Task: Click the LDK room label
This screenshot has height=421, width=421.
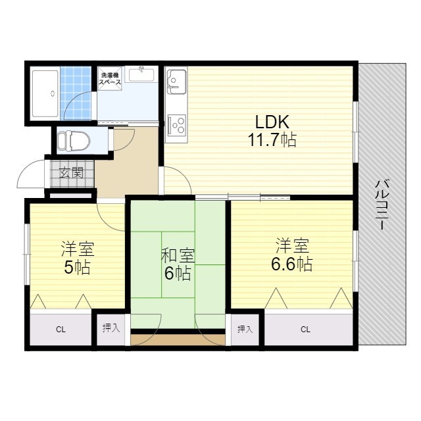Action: pyautogui.click(x=272, y=122)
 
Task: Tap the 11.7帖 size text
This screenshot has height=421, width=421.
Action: pyautogui.click(x=272, y=139)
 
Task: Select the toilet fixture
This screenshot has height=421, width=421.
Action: pyautogui.click(x=74, y=140)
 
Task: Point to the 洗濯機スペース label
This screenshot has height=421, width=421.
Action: pyautogui.click(x=110, y=78)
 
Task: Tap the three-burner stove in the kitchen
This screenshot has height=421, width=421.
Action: pyautogui.click(x=176, y=124)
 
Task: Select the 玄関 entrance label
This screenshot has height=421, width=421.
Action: pyautogui.click(x=71, y=172)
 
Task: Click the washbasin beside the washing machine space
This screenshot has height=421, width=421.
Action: pyautogui.click(x=141, y=74)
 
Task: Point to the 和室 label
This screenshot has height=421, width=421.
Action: pyautogui.click(x=178, y=255)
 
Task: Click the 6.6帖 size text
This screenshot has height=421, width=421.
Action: pyautogui.click(x=292, y=264)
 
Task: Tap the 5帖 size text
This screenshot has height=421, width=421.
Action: pyautogui.click(x=77, y=267)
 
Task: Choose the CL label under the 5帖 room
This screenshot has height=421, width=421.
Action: pyautogui.click(x=61, y=329)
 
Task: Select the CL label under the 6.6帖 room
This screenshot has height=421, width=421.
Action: pyautogui.click(x=305, y=329)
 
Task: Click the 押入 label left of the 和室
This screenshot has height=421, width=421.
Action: pyautogui.click(x=111, y=328)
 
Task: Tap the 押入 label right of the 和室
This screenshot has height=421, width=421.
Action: pyautogui.click(x=245, y=329)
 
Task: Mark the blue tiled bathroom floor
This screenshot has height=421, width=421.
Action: pyautogui.click(x=76, y=93)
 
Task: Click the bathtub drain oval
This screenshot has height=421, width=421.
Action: pyautogui.click(x=53, y=93)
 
